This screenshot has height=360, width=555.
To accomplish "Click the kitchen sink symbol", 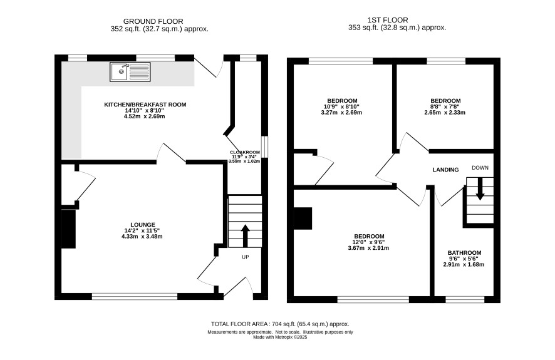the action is click(x=130, y=72).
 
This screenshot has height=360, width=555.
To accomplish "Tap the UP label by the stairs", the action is click(x=246, y=257).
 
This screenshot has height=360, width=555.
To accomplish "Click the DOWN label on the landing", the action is click(x=480, y=168).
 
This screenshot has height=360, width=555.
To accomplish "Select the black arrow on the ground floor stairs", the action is click(x=245, y=236).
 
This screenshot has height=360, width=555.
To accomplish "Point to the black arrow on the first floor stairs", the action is click(x=480, y=188).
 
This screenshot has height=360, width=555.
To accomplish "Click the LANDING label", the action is click(x=445, y=170).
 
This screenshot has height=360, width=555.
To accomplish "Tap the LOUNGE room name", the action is click(x=143, y=225).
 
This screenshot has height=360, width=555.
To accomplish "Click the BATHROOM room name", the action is click(x=464, y=253).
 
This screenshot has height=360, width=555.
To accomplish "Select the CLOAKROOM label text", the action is click(x=245, y=152).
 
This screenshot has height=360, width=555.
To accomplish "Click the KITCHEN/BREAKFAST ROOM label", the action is click(x=145, y=105).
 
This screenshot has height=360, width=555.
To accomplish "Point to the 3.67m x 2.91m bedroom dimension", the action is click(x=368, y=248).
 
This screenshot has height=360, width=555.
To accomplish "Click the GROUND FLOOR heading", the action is click(x=153, y=21).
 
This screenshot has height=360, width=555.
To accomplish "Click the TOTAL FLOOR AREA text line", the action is click(x=280, y=324).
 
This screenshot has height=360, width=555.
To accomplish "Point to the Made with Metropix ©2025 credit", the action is click(x=280, y=337).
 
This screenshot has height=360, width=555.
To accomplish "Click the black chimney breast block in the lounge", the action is click(x=69, y=229).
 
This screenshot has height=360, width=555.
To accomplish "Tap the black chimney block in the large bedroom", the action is click(x=303, y=219).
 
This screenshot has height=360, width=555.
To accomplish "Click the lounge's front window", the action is click(x=135, y=296).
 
